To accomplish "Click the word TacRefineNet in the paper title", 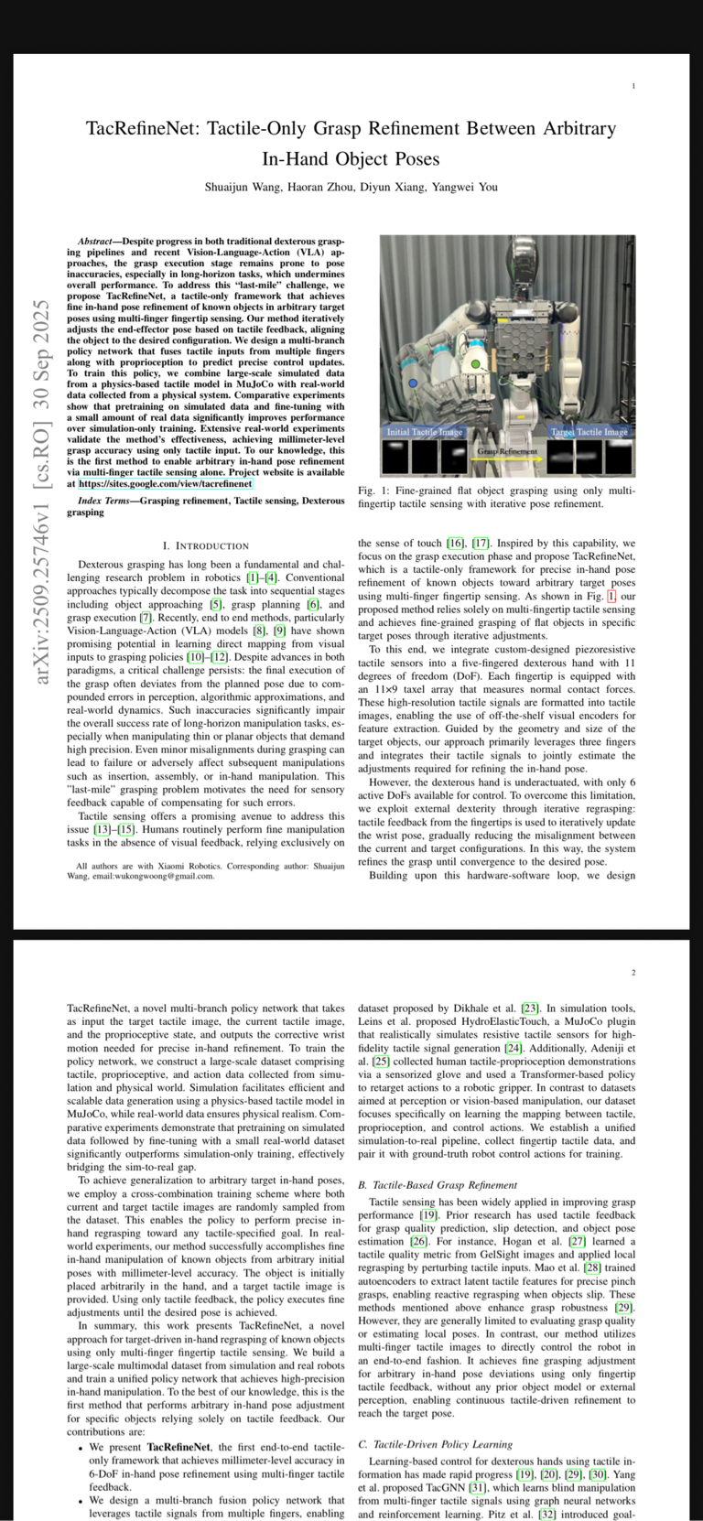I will pyautogui.click(x=140, y=129).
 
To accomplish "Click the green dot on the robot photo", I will pyautogui.click(x=476, y=364).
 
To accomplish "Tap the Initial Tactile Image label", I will pyautogui.click(x=425, y=431).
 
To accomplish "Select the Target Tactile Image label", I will pyautogui.click(x=589, y=431).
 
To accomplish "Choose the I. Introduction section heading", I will pyautogui.click(x=205, y=546).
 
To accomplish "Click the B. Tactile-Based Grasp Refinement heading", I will pyautogui.click(x=438, y=1184).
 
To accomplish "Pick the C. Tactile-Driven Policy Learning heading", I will pyautogui.click(x=435, y=1444).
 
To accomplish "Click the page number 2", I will pyautogui.click(x=633, y=973).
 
